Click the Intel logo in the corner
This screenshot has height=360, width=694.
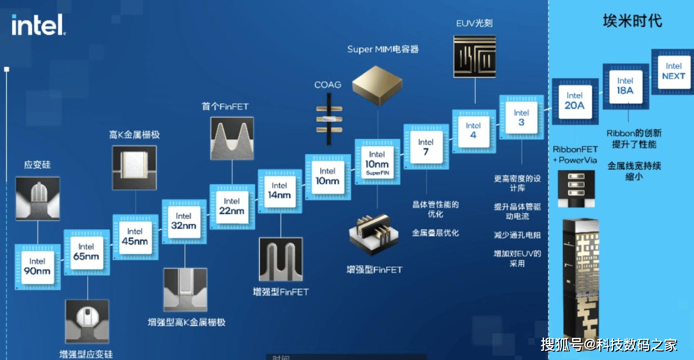click(x=39, y=25)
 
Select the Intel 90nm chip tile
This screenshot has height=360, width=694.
click(x=38, y=267)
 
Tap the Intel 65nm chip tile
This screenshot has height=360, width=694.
click(x=86, y=252)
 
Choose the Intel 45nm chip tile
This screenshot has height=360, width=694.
click(x=135, y=237)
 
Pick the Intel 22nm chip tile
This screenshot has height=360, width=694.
click(x=232, y=207)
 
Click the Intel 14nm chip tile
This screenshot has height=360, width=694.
click(x=280, y=191)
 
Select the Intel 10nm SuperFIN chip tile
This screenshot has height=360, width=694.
click(x=377, y=162)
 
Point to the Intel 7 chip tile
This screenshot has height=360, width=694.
click(x=426, y=147)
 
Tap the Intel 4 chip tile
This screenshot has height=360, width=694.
click(x=474, y=132)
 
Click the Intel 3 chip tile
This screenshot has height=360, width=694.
click(x=521, y=117)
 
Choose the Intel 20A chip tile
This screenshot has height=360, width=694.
click(x=575, y=102)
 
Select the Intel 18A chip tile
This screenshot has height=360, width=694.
click(x=626, y=86)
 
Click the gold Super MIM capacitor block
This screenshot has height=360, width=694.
click(x=377, y=85)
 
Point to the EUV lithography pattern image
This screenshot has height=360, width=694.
click(x=475, y=56)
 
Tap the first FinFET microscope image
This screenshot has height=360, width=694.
click(x=232, y=138)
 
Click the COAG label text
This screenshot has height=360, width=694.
click(x=328, y=85)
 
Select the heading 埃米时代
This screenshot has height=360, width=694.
click(x=632, y=21)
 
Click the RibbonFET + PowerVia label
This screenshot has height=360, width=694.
click(x=575, y=155)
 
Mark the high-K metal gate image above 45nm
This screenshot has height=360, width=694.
click(x=134, y=168)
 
